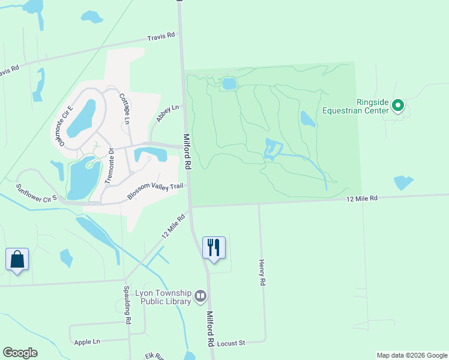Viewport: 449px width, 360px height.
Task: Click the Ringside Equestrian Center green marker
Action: point(397,107)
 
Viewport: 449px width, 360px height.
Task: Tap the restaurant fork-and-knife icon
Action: point(214,247)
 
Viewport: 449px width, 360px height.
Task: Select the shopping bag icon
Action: point(17,259)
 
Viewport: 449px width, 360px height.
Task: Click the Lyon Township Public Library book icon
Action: point(200,296)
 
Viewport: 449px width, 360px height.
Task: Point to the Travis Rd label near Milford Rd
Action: point(163,35)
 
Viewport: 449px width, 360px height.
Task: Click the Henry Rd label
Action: point(262,272)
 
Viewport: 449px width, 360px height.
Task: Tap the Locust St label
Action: point(232,343)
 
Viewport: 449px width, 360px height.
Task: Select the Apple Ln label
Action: point(87,342)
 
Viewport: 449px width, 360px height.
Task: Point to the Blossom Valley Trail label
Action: point(155,191)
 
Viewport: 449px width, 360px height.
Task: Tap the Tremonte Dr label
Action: point(109,166)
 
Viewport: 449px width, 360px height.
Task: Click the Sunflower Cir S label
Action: point(36,192)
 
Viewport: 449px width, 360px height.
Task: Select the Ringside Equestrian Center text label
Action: point(357,106)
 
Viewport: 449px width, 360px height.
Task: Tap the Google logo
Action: point(20,353)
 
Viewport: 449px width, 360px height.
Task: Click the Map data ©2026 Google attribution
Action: point(412,355)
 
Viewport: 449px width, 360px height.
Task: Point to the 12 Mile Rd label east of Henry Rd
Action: point(361,198)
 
